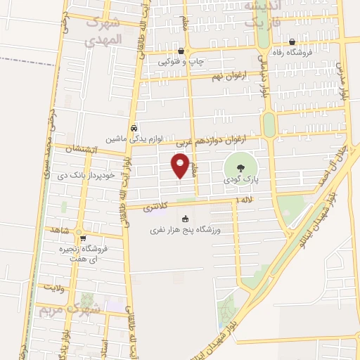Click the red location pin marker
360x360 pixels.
pos(181,165)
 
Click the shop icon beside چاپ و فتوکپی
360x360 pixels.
pos(181,51)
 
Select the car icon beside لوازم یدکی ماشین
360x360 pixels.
pos(133,128)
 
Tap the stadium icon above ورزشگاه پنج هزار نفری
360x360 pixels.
pos(186,218)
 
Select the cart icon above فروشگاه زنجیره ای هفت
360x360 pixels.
pos(83,238)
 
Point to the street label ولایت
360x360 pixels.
pos(53,288)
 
